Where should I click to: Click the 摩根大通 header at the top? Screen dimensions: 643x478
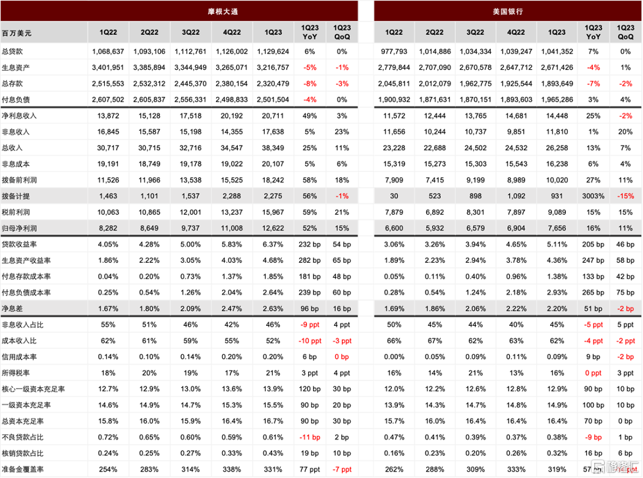tap(223, 11)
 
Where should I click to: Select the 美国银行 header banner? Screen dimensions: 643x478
tap(508, 11)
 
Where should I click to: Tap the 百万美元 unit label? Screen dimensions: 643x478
tap(17, 33)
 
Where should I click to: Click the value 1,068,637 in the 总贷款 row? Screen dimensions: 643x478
tap(108, 51)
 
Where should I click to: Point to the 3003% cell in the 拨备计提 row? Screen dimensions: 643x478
tap(593, 196)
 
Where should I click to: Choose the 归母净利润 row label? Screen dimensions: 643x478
tap(19, 228)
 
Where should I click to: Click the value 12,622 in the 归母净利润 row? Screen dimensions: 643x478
tap(273, 228)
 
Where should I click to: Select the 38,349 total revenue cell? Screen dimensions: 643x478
tap(273, 148)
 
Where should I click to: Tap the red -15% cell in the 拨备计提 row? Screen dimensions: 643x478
tap(625, 196)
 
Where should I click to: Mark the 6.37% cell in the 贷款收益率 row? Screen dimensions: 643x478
tap(273, 244)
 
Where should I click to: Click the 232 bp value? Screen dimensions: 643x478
tap(310, 244)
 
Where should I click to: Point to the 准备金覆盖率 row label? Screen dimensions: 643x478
tap(23, 469)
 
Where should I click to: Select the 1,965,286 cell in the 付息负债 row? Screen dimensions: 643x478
tap(557, 99)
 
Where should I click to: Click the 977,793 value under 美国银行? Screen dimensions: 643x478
tap(394, 51)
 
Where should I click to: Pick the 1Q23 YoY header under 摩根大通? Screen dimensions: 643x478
tap(310, 32)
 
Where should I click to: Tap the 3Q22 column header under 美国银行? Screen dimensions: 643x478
tap(475, 32)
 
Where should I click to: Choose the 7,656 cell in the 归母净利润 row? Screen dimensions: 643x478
tap(557, 228)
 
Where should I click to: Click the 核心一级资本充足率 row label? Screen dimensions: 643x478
tap(34, 389)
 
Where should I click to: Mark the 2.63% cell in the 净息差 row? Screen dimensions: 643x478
tap(273, 309)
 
